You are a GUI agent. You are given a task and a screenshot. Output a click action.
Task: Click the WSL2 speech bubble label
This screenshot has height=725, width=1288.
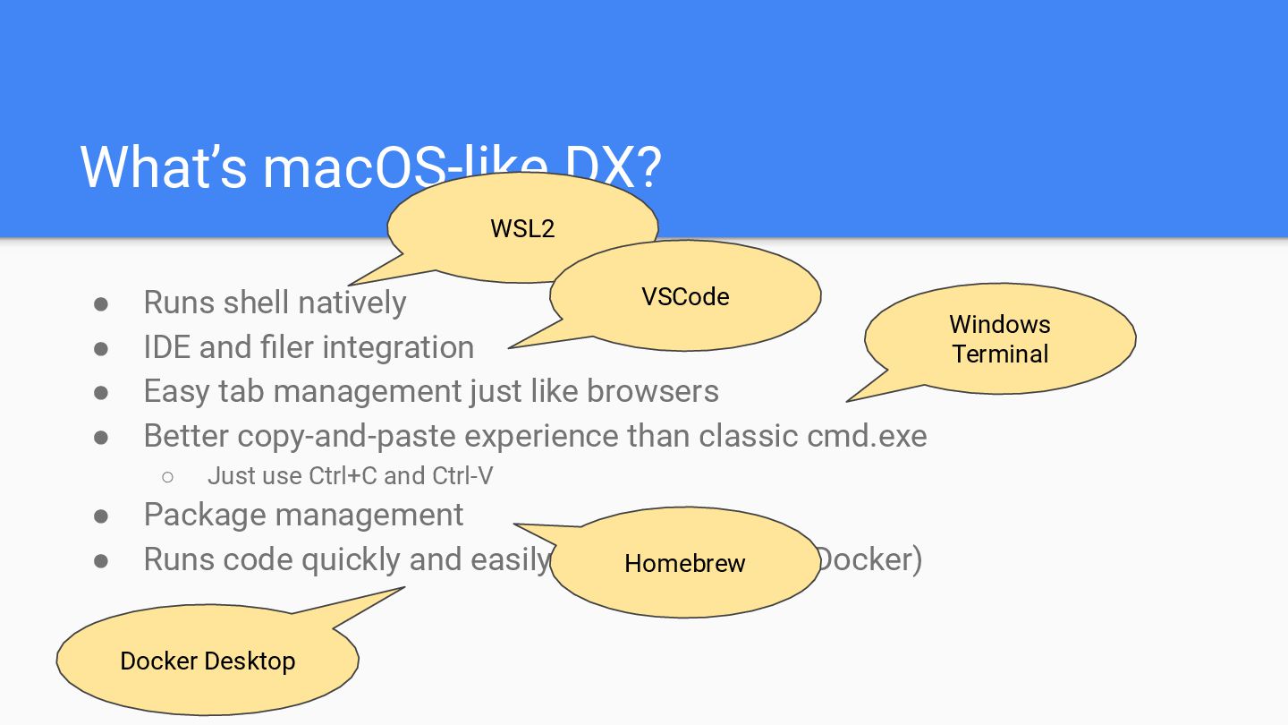[x=522, y=228]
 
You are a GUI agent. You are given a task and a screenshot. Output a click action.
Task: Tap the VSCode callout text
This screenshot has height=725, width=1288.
[x=685, y=296]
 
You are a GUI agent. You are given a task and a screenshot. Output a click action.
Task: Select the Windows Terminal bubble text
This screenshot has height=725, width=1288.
[x=1000, y=338]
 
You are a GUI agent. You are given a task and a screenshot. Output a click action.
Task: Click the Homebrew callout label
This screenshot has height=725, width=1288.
[x=685, y=563]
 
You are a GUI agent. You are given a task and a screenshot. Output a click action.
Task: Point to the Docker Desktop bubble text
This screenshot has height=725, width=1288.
[x=208, y=661]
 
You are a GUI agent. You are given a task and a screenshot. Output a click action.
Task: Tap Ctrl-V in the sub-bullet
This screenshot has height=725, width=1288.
[x=462, y=475]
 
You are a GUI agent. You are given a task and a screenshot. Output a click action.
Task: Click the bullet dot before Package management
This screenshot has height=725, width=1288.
[x=101, y=516]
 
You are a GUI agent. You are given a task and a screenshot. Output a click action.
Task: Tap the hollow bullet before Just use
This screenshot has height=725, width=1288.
[x=167, y=476]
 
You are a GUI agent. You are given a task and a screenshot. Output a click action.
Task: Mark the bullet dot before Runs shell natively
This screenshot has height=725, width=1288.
[x=101, y=303]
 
